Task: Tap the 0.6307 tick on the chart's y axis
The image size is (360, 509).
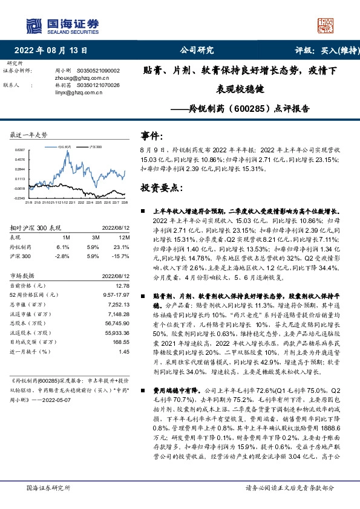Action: [x=20, y=149]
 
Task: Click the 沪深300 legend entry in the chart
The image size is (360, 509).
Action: [x=95, y=146]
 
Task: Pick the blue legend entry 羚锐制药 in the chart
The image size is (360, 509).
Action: [x=65, y=146]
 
